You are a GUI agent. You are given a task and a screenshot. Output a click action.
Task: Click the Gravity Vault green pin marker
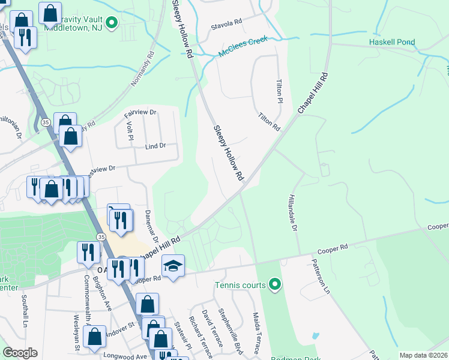[111, 23]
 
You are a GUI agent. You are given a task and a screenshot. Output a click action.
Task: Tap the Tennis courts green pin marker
[275, 284]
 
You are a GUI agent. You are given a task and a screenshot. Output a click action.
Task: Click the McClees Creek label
[242, 47]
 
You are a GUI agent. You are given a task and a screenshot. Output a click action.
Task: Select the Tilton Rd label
[269, 122]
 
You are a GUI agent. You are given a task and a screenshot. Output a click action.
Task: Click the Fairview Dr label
[140, 112]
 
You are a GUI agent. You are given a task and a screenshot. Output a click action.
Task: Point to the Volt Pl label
[130, 131]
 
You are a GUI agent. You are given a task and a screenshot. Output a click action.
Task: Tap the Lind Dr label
[154, 146]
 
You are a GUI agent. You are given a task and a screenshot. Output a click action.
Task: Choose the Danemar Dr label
[151, 224]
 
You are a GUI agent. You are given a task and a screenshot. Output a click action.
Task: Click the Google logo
[20, 353]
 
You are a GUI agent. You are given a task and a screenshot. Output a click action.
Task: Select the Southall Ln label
[25, 312]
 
